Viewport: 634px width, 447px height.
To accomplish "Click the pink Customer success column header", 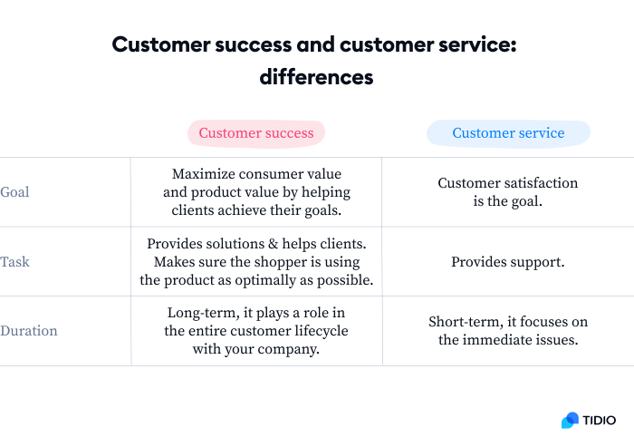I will tap(256, 133).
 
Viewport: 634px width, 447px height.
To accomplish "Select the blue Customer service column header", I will tap(508, 133).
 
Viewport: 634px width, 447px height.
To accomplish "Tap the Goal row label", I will tap(14, 192).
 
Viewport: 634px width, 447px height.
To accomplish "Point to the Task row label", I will tap(14, 262).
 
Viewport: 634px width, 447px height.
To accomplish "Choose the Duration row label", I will tap(28, 331).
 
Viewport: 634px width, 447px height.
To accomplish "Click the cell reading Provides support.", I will tap(507, 262).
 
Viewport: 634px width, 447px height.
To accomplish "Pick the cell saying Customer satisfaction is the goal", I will tap(507, 192).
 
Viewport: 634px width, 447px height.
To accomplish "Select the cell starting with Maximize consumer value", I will tap(256, 192).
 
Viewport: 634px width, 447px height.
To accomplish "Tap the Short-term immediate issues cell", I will tap(507, 331).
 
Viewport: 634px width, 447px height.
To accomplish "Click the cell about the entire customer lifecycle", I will tap(256, 331).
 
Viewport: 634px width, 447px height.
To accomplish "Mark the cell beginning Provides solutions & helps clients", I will tap(256, 262).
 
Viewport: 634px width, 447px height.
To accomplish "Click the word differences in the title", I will tap(316, 77).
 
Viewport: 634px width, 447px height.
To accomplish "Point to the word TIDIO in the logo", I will tap(600, 420).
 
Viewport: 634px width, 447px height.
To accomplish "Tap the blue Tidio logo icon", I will tap(570, 420).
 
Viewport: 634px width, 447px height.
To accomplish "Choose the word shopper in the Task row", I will tap(253, 262).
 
